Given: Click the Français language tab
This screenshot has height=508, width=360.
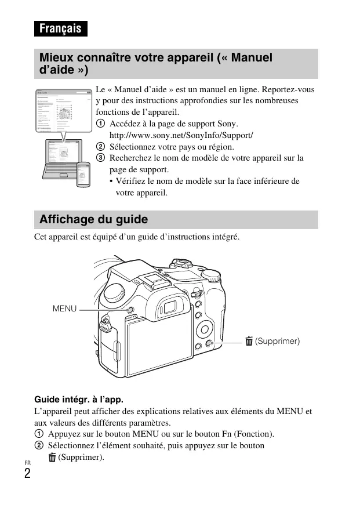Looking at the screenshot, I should pyautogui.click(x=60, y=28).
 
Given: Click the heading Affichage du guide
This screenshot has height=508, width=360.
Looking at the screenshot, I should pyautogui.click(x=93, y=220).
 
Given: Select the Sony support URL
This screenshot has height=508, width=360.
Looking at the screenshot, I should pyautogui.click(x=181, y=135).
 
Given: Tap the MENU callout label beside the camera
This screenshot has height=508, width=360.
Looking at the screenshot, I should pyautogui.click(x=64, y=309).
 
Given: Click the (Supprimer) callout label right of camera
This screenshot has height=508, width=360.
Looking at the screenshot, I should pyautogui.click(x=278, y=341).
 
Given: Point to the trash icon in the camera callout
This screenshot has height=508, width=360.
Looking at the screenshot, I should pyautogui.click(x=249, y=341).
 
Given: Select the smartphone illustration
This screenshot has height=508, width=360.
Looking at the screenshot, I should pyautogui.click(x=84, y=174).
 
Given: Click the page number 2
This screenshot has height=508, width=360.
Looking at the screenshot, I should pyautogui.click(x=27, y=473).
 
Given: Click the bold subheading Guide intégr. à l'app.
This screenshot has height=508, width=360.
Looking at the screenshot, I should pyautogui.click(x=79, y=400).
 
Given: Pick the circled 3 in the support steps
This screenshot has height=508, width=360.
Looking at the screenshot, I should pyautogui.click(x=100, y=158).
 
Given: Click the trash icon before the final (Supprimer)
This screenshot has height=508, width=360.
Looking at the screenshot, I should pyautogui.click(x=52, y=458).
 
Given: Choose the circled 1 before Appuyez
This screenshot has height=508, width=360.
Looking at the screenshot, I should pyautogui.click(x=39, y=434).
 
